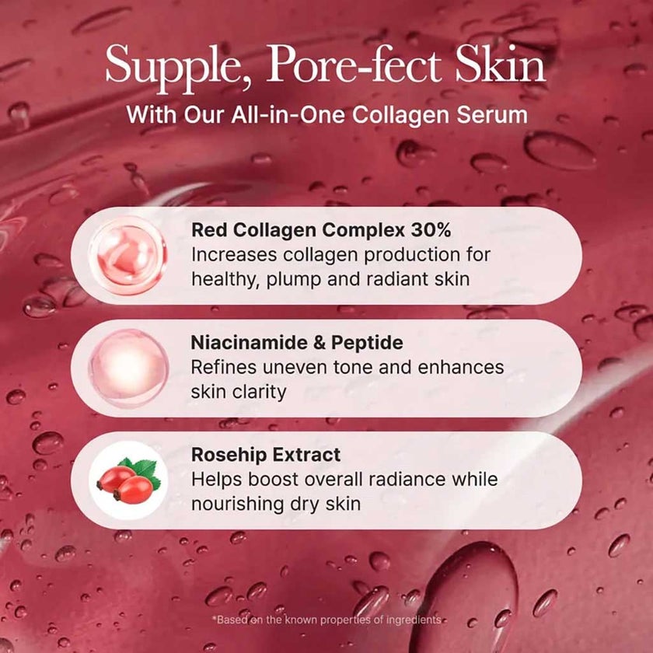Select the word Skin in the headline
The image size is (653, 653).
coord(501,65)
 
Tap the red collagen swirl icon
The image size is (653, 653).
coord(128,255)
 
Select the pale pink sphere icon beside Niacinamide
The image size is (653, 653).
coord(128,368)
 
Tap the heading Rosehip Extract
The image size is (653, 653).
coord(266,455)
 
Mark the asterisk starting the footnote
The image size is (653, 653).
coord(214,619)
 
